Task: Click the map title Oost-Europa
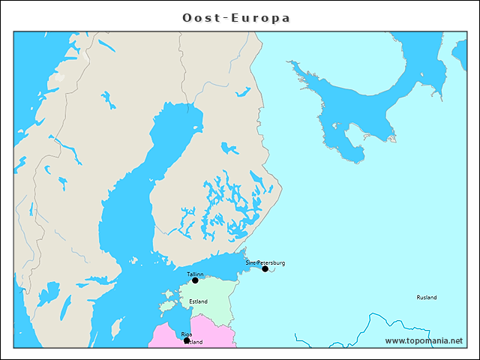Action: [237, 17]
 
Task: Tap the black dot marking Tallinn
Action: [195, 280]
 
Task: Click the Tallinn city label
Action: [195, 274]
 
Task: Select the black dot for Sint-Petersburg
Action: [265, 268]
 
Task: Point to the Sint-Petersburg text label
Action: [265, 262]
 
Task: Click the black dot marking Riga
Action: [187, 340]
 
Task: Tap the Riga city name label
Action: [187, 334]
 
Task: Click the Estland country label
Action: [199, 301]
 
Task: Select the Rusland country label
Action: [426, 298]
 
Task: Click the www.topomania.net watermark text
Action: [424, 340]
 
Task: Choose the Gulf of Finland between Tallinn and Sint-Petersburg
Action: [225, 267]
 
